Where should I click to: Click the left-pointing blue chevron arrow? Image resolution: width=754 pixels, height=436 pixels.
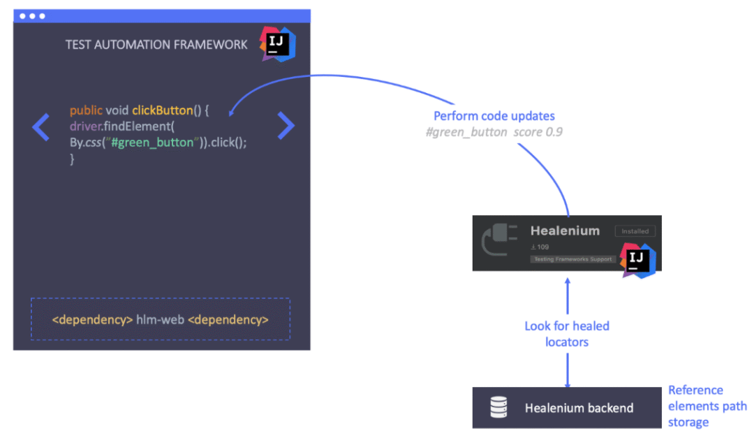[x=41, y=126]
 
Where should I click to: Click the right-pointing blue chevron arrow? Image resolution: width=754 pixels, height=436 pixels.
[x=286, y=126]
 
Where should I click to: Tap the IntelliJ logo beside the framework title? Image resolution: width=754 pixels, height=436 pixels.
[x=278, y=44]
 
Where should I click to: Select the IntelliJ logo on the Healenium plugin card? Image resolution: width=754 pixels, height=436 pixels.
[x=638, y=261]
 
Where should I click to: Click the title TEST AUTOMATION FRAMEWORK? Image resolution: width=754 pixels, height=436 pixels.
[x=156, y=45]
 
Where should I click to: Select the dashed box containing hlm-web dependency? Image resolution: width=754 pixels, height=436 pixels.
[x=160, y=319]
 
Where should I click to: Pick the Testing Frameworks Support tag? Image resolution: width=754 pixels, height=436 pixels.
[x=572, y=259]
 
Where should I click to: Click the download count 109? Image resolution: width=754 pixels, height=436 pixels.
[x=542, y=247]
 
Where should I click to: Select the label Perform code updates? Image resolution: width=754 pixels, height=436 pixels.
[x=494, y=116]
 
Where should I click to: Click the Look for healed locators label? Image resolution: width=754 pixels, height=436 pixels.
[x=567, y=334]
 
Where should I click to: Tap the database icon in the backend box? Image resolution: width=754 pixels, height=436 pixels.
[x=498, y=408]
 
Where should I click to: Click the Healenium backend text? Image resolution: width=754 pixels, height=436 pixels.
[x=579, y=408]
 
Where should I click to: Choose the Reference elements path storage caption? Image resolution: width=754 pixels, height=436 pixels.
[x=707, y=406]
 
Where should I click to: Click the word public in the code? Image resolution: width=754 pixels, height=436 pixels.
[x=86, y=110]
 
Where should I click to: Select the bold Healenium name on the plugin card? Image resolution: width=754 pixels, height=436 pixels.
[x=565, y=231]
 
